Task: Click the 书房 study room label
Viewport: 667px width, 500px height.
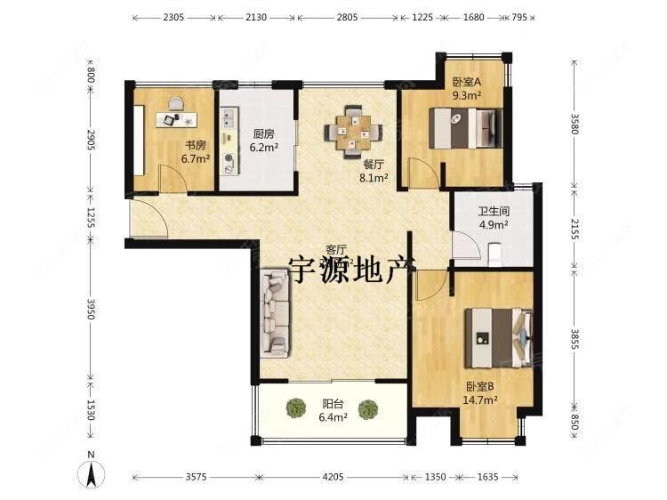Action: coord(195,145)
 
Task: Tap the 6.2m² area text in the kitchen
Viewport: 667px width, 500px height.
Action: coord(264,148)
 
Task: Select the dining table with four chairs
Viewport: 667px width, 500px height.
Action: coord(352,130)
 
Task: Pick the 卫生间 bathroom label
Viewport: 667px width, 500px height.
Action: coord(493,212)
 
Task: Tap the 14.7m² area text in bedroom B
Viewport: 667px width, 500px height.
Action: coord(480,400)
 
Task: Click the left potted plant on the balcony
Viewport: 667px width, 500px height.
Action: coord(296,408)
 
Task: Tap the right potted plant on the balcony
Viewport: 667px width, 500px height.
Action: coord(367,408)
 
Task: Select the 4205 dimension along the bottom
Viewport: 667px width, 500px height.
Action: coord(333,478)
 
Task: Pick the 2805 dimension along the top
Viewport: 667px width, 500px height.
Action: coord(348,17)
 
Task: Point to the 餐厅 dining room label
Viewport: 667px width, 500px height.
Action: coord(374,165)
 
